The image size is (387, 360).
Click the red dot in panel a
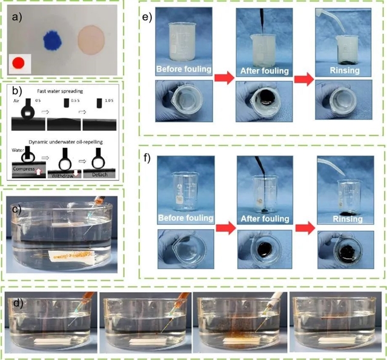[19, 62]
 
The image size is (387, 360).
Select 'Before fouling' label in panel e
[183, 69]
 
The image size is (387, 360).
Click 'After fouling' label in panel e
[262, 69]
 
